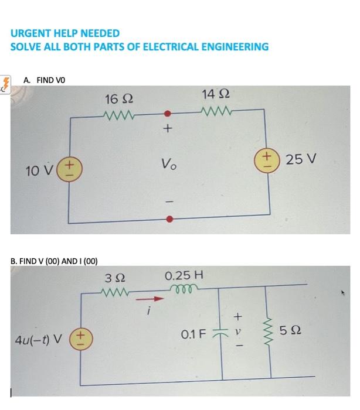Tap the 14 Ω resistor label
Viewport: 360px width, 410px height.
coord(215,94)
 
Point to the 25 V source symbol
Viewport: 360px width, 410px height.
coord(270,160)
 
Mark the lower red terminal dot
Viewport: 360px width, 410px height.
coord(169,220)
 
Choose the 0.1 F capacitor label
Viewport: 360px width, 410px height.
coord(193,334)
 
